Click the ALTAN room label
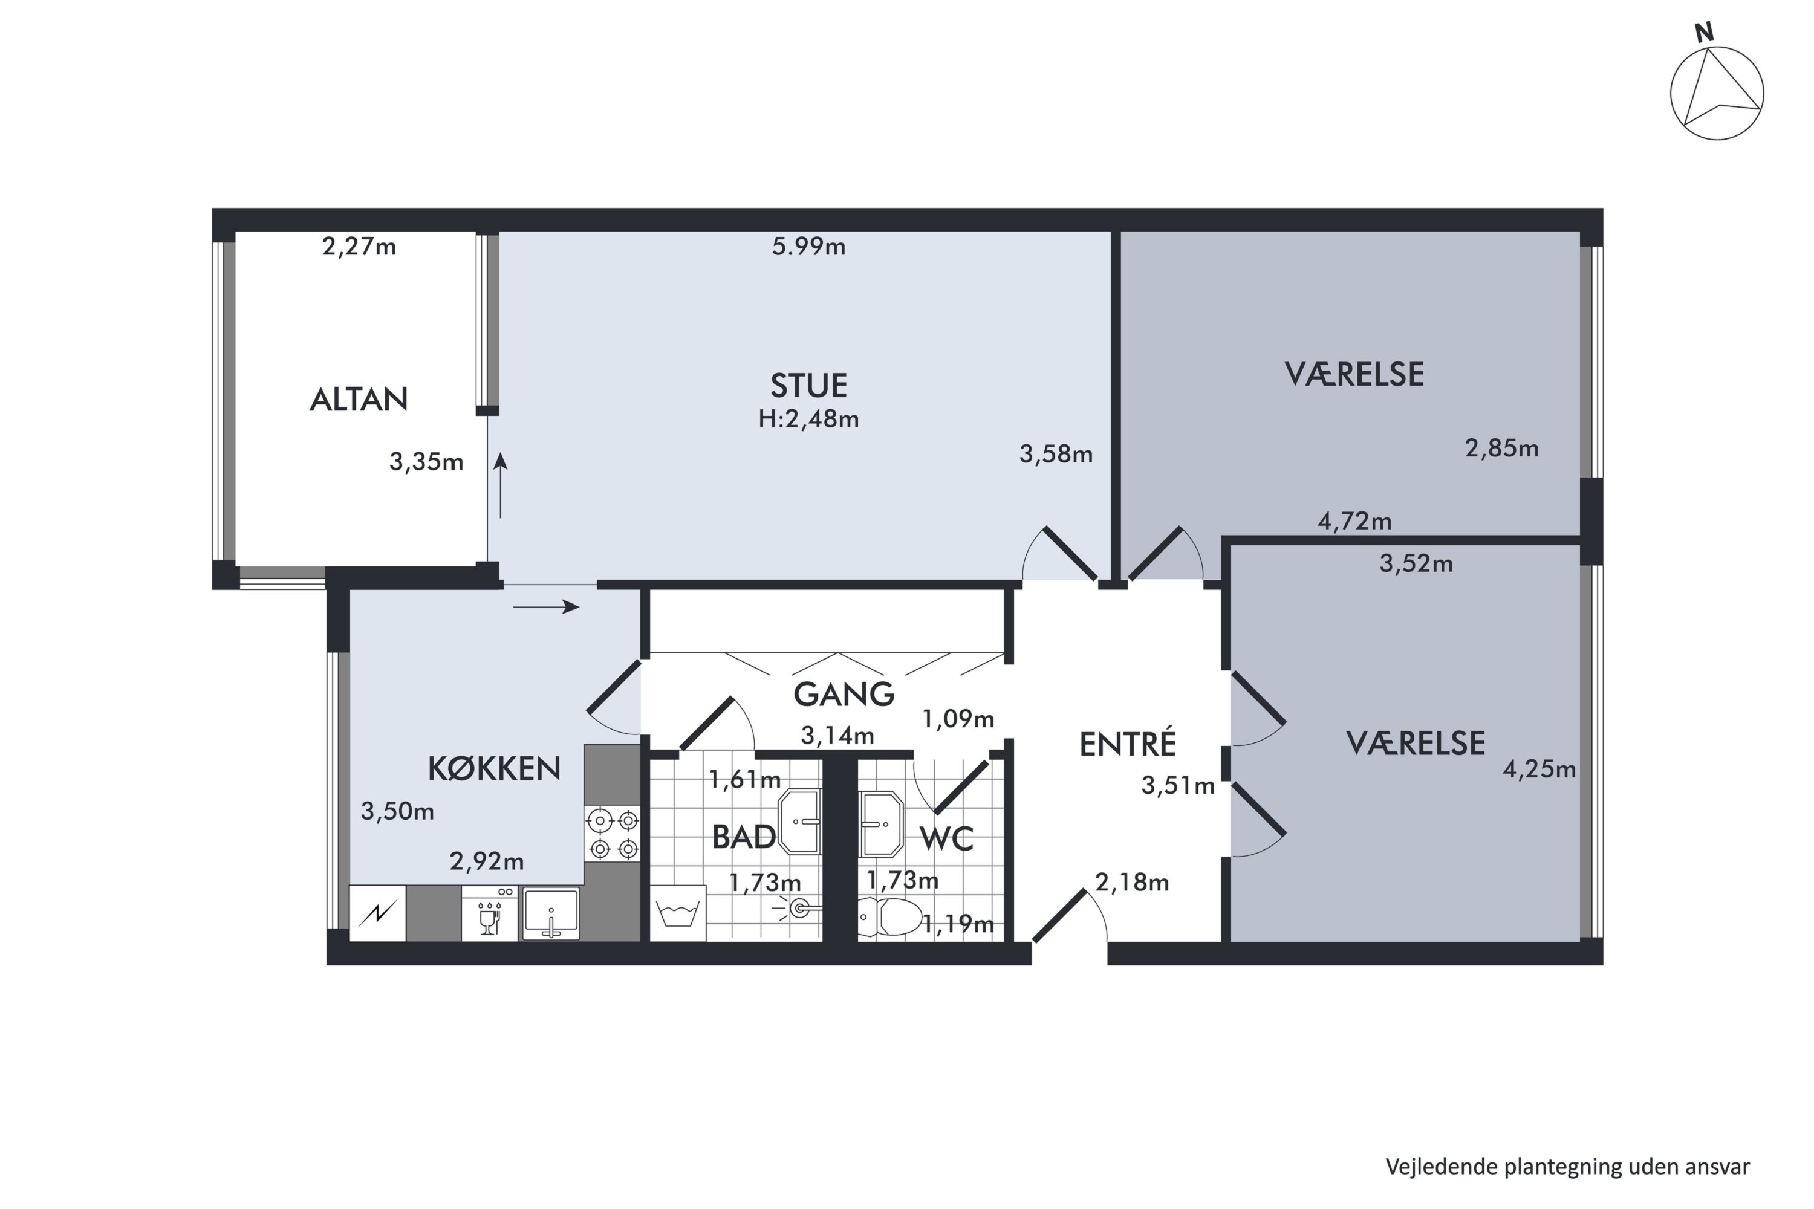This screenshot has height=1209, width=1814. pos(359,400)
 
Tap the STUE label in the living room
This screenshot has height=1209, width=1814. pos(808,386)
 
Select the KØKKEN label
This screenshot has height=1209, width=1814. pos(493,769)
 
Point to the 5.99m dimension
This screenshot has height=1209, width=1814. pos(808,247)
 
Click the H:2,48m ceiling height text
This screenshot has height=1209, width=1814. pos(808,420)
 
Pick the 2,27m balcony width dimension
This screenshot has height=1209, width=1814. pos(359,247)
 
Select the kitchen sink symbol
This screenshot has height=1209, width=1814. pos(551,913)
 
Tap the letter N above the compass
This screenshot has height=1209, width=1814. pos(1705,33)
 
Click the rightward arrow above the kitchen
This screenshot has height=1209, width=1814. pos(546,607)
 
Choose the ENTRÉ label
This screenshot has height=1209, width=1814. pos(1127,744)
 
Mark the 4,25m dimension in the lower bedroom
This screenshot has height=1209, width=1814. pos(1539,770)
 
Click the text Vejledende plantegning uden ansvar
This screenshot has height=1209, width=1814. pos(1567,1167)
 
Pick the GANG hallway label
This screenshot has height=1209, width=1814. pos(844,695)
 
